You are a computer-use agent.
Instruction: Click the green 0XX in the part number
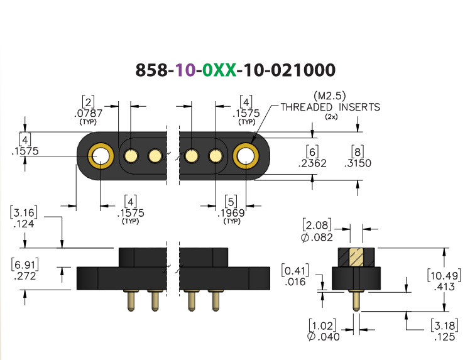click(x=219, y=70)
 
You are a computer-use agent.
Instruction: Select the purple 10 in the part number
click(x=185, y=70)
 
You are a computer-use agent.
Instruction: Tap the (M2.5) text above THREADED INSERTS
click(x=330, y=96)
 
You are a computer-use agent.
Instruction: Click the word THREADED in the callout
click(x=307, y=107)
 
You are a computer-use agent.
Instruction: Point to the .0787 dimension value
click(x=88, y=113)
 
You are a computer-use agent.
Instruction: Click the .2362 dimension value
click(x=312, y=163)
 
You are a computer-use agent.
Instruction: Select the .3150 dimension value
click(x=358, y=163)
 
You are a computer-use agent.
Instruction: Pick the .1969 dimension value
click(x=231, y=213)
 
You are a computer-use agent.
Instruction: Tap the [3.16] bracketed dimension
click(x=24, y=212)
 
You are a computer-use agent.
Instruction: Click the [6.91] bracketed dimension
click(x=25, y=265)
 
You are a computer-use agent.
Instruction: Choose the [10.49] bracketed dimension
click(x=444, y=275)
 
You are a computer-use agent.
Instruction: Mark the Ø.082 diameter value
click(x=317, y=237)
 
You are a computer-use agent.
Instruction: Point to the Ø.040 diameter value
click(x=324, y=337)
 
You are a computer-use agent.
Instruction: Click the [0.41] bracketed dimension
click(x=295, y=270)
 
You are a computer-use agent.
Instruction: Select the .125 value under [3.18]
click(x=444, y=337)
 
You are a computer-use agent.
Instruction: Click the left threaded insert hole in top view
click(x=101, y=156)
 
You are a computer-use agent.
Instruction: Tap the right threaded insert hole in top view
click(x=246, y=156)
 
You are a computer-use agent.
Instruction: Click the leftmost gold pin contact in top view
click(x=131, y=156)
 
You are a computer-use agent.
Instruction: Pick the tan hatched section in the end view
click(x=356, y=257)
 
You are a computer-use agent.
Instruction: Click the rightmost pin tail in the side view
click(x=216, y=301)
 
